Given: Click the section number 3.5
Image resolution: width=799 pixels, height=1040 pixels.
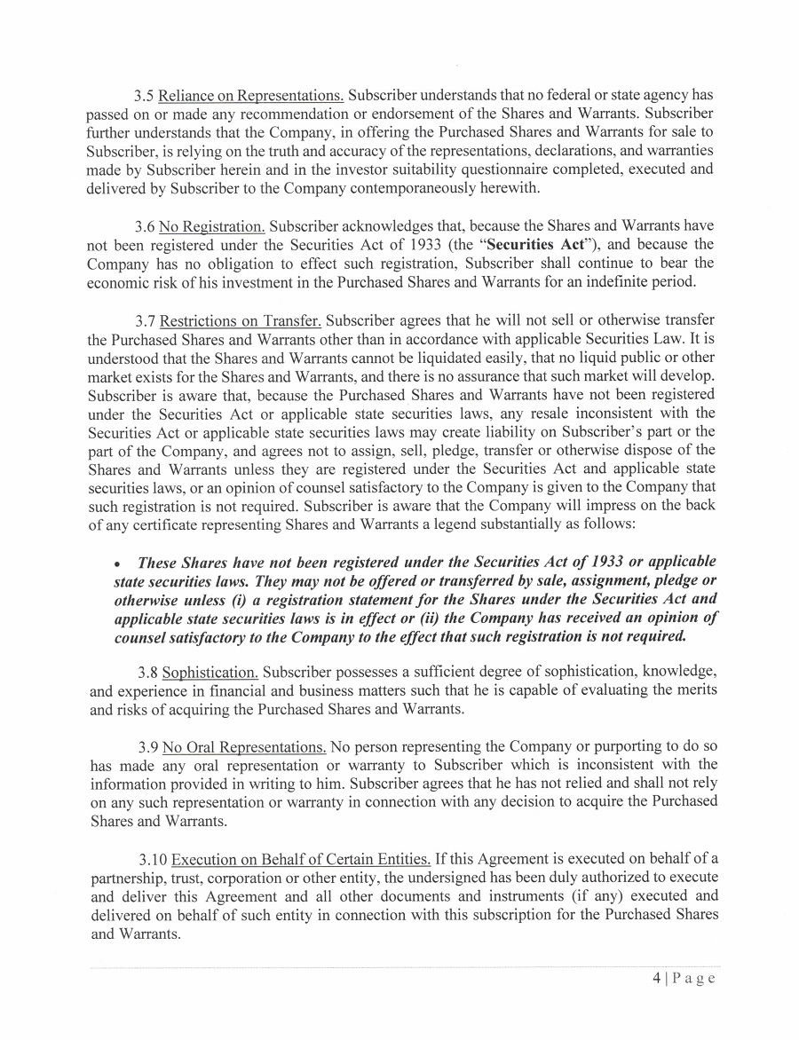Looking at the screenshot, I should [143, 95].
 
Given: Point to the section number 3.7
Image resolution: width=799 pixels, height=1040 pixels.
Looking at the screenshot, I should [143, 319].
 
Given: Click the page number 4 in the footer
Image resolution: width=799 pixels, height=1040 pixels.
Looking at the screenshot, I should [656, 979].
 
